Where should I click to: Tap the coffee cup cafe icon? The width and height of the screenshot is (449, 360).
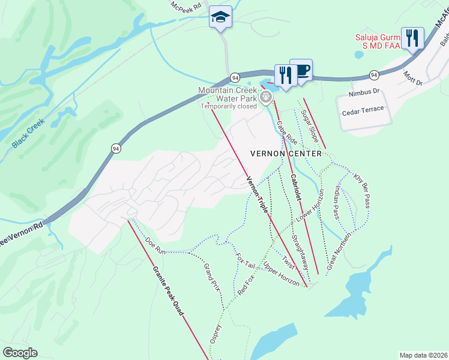301,70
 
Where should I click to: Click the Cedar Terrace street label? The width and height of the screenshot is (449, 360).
363,113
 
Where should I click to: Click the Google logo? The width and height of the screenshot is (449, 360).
20,352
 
